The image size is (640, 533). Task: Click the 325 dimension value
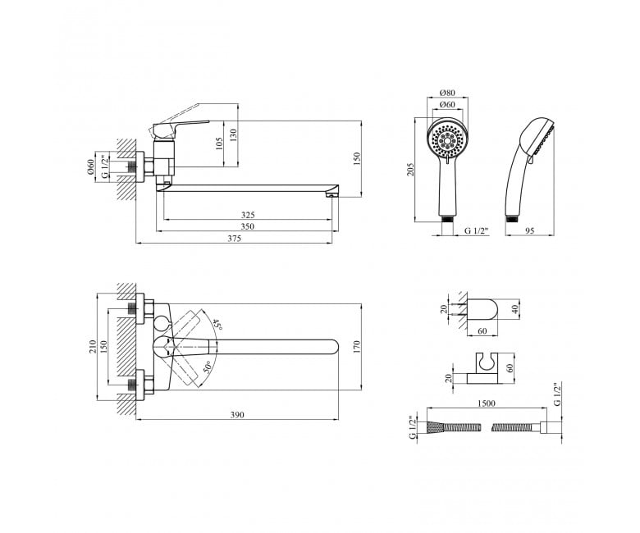tap(248, 215)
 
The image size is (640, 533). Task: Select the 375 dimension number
tap(235, 239)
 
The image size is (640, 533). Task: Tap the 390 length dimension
tap(237, 415)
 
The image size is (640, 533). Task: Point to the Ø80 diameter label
tap(447, 93)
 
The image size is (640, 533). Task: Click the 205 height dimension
tap(410, 170)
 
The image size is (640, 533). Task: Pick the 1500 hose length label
tap(486, 403)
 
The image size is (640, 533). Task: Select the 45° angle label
tap(218, 325)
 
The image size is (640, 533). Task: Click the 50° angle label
tap(208, 368)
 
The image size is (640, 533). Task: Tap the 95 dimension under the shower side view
tap(529, 230)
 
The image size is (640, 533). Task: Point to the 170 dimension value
tap(358, 347)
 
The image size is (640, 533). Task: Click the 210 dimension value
tap(93, 347)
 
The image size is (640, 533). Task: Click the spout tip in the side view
tap(331, 194)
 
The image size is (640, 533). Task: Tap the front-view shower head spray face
tap(448, 141)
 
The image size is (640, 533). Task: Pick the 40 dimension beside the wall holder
tap(514, 308)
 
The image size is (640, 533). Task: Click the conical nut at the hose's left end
tap(434, 427)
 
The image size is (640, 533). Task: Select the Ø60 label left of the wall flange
tap(90, 167)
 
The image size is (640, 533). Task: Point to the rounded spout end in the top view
tap(332, 347)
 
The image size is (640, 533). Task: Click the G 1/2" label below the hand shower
tap(477, 230)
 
